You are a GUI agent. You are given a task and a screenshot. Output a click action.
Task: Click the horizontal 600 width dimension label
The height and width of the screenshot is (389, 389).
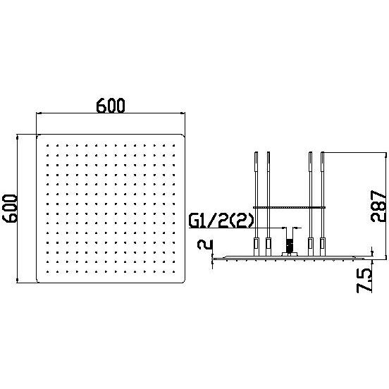coord(111,106)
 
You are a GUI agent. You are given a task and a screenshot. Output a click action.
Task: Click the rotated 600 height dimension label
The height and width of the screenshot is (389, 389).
coord(10,209)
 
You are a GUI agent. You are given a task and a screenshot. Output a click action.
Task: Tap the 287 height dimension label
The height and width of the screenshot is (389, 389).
coord(378,206)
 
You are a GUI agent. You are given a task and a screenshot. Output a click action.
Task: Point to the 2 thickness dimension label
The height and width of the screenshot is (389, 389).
coord(205,245)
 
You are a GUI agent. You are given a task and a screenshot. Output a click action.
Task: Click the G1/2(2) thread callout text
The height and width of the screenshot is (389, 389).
coord(221,221)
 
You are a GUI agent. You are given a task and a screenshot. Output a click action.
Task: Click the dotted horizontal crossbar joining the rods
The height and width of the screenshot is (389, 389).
coord(289,207)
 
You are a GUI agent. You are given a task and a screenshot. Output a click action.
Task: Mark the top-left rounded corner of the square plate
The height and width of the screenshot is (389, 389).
coord(38,136)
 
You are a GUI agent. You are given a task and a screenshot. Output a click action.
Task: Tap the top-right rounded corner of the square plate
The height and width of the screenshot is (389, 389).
coord(184,136)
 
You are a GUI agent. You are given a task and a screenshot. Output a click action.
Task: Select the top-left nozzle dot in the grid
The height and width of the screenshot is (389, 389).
coord(47,146)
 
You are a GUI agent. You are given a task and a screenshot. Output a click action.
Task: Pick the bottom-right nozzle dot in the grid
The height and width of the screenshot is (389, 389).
coord(173,271)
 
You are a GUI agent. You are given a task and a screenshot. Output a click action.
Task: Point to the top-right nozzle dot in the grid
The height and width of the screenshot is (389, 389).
coord(173,146)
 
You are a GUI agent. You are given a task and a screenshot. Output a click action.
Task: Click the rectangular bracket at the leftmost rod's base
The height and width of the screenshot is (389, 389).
coord(256,247)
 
